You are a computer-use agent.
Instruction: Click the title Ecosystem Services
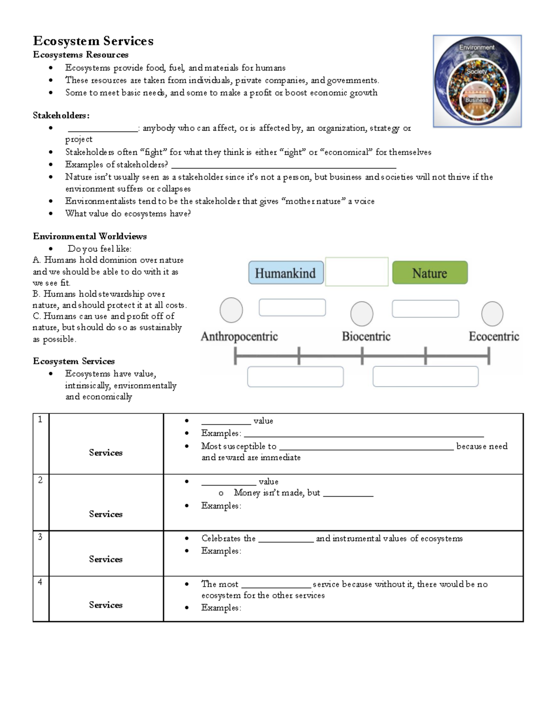[93, 41]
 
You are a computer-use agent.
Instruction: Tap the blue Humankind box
[285, 273]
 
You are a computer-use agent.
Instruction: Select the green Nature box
[430, 273]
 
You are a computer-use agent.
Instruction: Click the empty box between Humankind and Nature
[357, 272]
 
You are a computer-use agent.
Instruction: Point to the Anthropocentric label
[239, 336]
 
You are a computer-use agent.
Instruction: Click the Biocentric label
[366, 336]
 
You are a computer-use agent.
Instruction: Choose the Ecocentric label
[493, 336]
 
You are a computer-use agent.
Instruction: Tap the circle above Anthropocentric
[231, 310]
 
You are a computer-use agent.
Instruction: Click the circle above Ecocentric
[492, 314]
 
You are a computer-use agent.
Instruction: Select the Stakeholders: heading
[61, 115]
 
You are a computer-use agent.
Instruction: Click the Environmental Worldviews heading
[90, 236]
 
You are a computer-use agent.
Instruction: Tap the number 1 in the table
[40, 419]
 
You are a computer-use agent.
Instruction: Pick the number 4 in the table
[40, 582]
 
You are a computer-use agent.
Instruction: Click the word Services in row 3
[106, 559]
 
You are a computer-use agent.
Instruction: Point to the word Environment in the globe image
[477, 47]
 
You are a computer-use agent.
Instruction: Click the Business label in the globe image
[477, 100]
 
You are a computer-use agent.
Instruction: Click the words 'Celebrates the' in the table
[228, 538]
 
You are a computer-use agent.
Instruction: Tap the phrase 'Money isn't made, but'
[277, 493]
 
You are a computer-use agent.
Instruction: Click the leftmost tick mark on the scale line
[236, 356]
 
